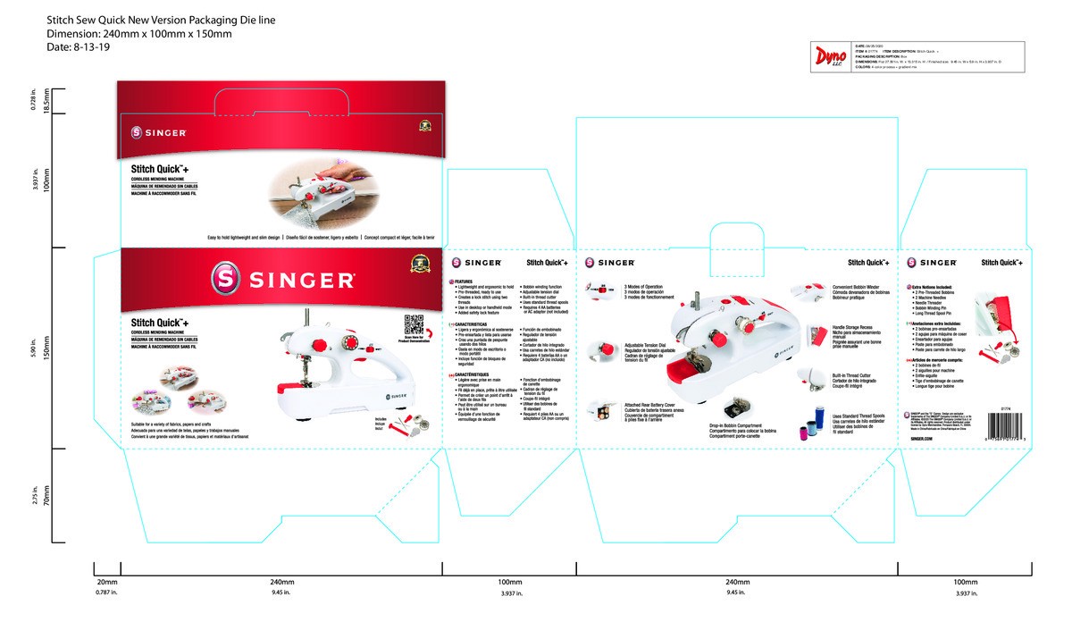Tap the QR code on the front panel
point(412,323)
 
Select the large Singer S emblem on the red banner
point(224,279)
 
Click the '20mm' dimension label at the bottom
point(107,582)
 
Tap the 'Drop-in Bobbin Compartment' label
point(735,425)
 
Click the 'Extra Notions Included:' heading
point(934,286)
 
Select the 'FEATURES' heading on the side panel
point(465,281)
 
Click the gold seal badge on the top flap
point(425,126)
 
